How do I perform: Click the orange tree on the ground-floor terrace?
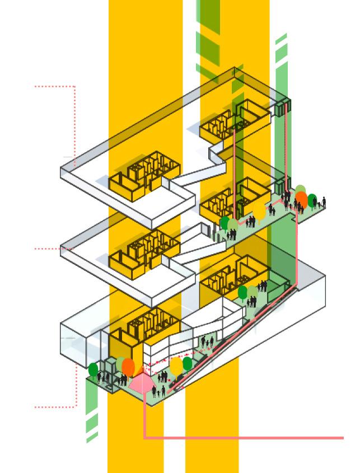128,367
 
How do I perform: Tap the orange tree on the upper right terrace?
301,199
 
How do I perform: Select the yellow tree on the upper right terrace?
259,212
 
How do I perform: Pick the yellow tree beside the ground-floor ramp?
176,367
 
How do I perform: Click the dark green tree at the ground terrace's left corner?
93,369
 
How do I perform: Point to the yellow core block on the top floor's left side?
144,178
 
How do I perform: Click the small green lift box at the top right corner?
283,106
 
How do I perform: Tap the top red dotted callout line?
55,86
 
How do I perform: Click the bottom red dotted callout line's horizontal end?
55,407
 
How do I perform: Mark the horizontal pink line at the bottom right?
246,438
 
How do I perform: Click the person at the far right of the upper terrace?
324,202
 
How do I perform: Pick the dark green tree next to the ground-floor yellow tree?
188,364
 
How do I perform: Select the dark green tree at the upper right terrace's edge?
312,200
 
